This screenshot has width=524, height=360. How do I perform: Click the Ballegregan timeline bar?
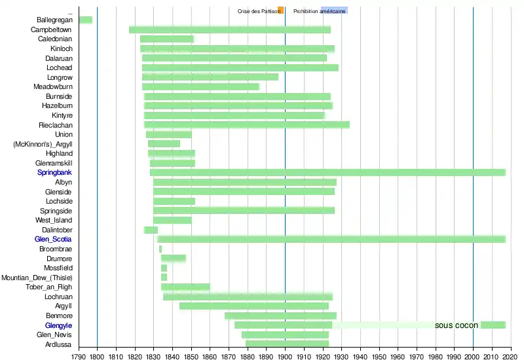pos(85,20)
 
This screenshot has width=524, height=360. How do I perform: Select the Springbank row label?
pos(55,172)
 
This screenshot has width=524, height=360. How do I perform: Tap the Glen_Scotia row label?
pos(53,239)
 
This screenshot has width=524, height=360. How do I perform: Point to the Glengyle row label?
pos(58,325)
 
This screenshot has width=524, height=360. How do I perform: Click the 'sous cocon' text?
pos(456,325)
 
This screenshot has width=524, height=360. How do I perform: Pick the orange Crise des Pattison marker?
pos(280,10)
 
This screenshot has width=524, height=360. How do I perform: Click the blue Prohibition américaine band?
pos(334,10)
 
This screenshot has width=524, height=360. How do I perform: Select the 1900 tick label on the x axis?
pos(285,356)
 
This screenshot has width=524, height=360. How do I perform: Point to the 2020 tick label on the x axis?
pos(511,356)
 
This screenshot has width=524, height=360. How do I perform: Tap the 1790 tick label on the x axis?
pos(78,356)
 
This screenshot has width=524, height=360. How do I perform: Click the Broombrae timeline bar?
pos(160,249)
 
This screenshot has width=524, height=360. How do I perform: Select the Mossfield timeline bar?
pos(164,268)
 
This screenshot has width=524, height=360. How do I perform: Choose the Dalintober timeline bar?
pos(151,230)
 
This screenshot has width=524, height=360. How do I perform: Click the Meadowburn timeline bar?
pos(200,86)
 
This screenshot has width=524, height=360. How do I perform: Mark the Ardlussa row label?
pos(58,344)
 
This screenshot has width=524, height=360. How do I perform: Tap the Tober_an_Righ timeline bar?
pos(185,287)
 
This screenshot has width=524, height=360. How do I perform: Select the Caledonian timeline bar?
pos(166,39)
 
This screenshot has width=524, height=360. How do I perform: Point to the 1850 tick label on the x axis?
pos(191,356)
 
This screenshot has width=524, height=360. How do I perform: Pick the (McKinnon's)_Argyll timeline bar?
pos(164,143)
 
